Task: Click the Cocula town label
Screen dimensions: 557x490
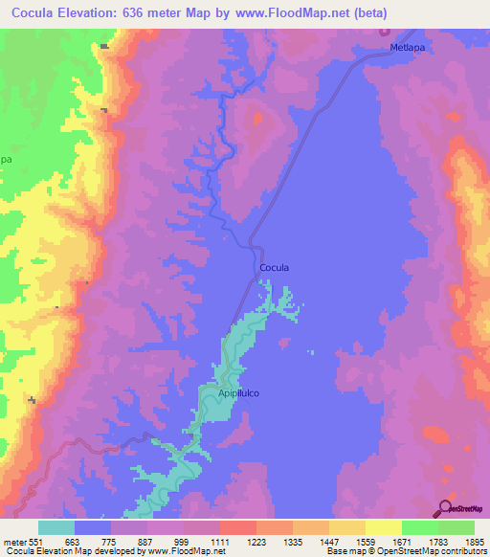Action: tap(275, 268)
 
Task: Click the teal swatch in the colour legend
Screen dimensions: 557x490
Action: tap(56, 527)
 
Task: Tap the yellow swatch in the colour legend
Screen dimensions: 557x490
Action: tap(383, 527)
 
